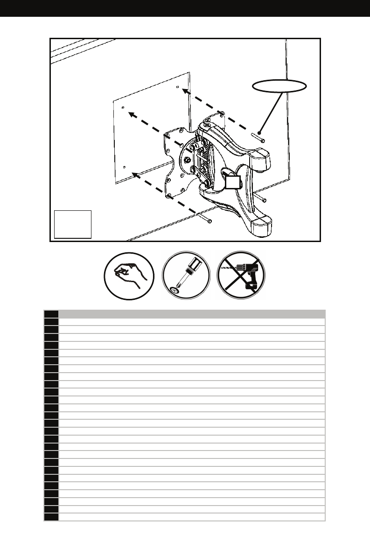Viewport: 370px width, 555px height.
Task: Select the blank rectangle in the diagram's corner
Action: [x=73, y=224]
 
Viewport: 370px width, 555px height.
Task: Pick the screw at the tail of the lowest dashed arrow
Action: [x=205, y=218]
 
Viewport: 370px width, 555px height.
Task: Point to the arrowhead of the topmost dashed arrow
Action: [x=185, y=92]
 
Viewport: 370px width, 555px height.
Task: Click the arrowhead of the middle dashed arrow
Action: [x=132, y=113]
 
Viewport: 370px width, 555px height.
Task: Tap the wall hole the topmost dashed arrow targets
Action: [x=178, y=87]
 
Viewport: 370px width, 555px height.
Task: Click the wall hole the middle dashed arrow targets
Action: [x=123, y=107]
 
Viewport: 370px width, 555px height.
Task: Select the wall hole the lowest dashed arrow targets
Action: [x=124, y=166]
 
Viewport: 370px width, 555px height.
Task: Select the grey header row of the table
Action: [x=191, y=314]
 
